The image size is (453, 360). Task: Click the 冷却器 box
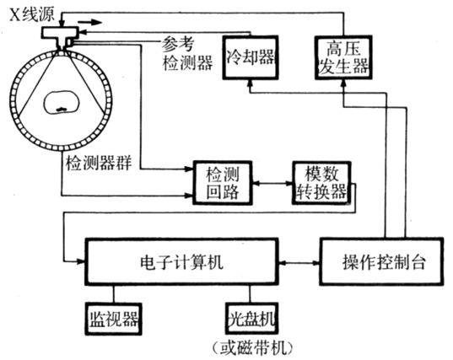250,57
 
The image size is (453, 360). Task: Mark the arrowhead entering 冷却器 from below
250,84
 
